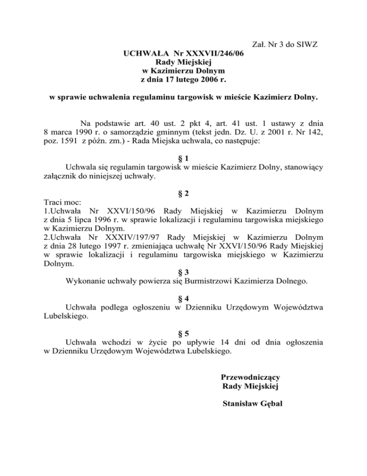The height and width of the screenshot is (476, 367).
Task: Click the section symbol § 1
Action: (x=183, y=158)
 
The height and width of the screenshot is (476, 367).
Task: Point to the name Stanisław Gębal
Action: (x=253, y=404)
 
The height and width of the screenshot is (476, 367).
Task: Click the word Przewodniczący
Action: (x=250, y=377)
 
